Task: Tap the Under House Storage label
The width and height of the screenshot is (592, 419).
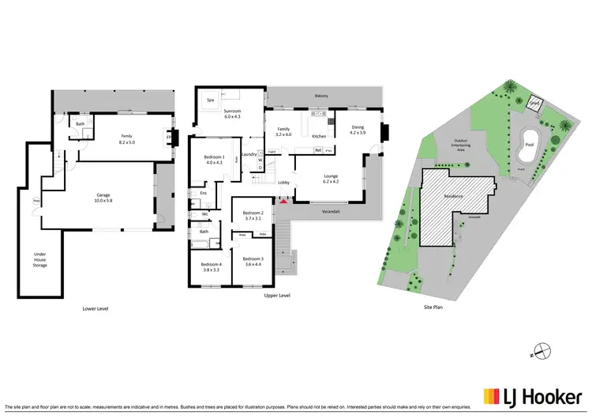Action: click(x=39, y=259)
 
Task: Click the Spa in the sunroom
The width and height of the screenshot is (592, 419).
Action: click(x=210, y=100)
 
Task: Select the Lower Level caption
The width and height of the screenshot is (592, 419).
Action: click(x=96, y=308)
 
